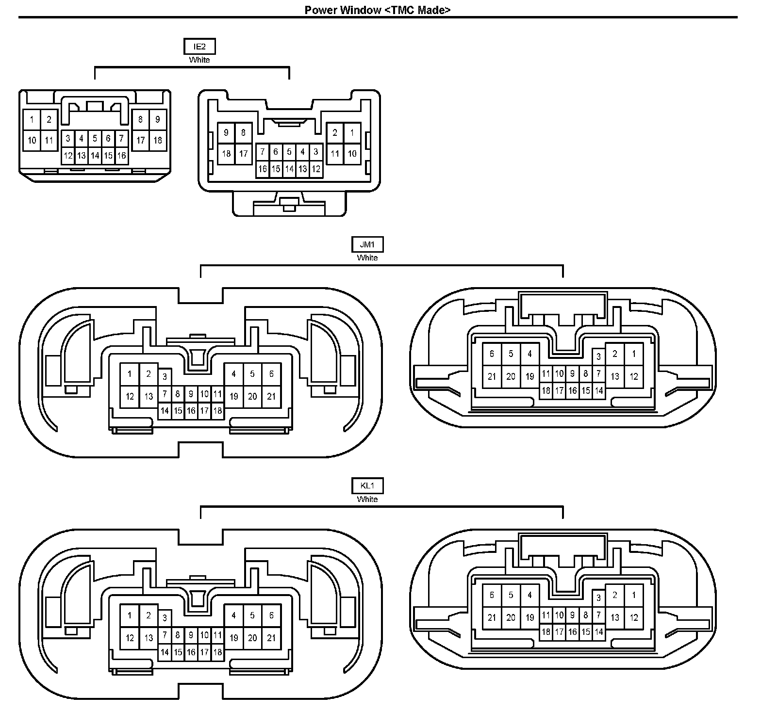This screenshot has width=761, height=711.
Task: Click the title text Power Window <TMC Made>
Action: (377, 10)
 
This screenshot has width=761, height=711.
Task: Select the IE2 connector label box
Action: (199, 47)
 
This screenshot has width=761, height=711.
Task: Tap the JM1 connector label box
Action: (367, 244)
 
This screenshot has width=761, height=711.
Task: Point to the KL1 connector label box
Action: (367, 485)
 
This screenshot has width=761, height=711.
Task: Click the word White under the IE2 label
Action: (199, 60)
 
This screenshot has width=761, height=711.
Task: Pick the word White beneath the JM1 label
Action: (367, 258)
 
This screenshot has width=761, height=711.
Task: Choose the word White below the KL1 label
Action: (367, 499)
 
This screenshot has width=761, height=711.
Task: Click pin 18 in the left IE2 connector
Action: (158, 140)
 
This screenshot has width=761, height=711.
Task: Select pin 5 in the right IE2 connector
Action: (289, 152)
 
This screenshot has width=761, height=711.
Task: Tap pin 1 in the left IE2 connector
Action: (32, 119)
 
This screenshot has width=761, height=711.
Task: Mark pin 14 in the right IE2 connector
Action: (289, 169)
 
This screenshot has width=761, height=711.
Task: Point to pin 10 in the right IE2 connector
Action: (352, 154)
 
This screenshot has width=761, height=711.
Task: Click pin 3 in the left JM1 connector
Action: (165, 376)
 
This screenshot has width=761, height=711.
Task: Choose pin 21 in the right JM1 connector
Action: (492, 376)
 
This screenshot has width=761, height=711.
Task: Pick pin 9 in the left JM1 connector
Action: (191, 394)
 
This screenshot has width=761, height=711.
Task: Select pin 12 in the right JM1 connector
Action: (634, 376)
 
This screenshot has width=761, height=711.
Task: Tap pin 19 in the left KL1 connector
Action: (234, 638)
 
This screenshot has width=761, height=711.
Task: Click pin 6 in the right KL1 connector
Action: (492, 595)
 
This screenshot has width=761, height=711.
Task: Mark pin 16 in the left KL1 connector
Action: (191, 652)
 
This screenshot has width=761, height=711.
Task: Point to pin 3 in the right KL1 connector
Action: (599, 598)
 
